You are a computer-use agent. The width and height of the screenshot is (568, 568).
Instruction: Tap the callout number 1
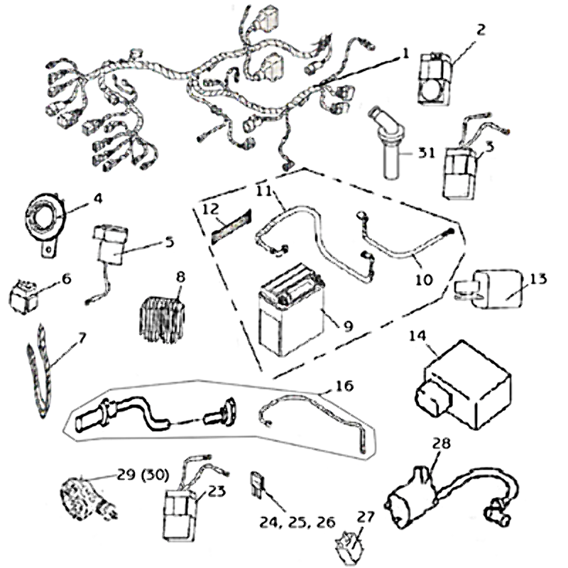pos(406,54)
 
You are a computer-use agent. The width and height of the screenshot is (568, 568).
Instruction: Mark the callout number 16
pos(344,388)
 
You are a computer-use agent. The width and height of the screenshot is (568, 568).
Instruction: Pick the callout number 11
pos(263,191)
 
